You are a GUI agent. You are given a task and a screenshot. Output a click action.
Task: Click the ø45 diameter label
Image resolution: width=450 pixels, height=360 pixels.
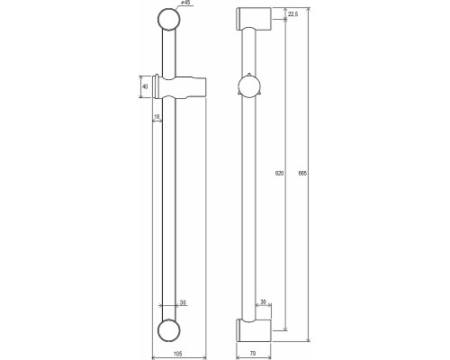[185, 4]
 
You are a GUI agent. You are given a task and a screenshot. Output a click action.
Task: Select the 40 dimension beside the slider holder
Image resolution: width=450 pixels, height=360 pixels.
[145, 86]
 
